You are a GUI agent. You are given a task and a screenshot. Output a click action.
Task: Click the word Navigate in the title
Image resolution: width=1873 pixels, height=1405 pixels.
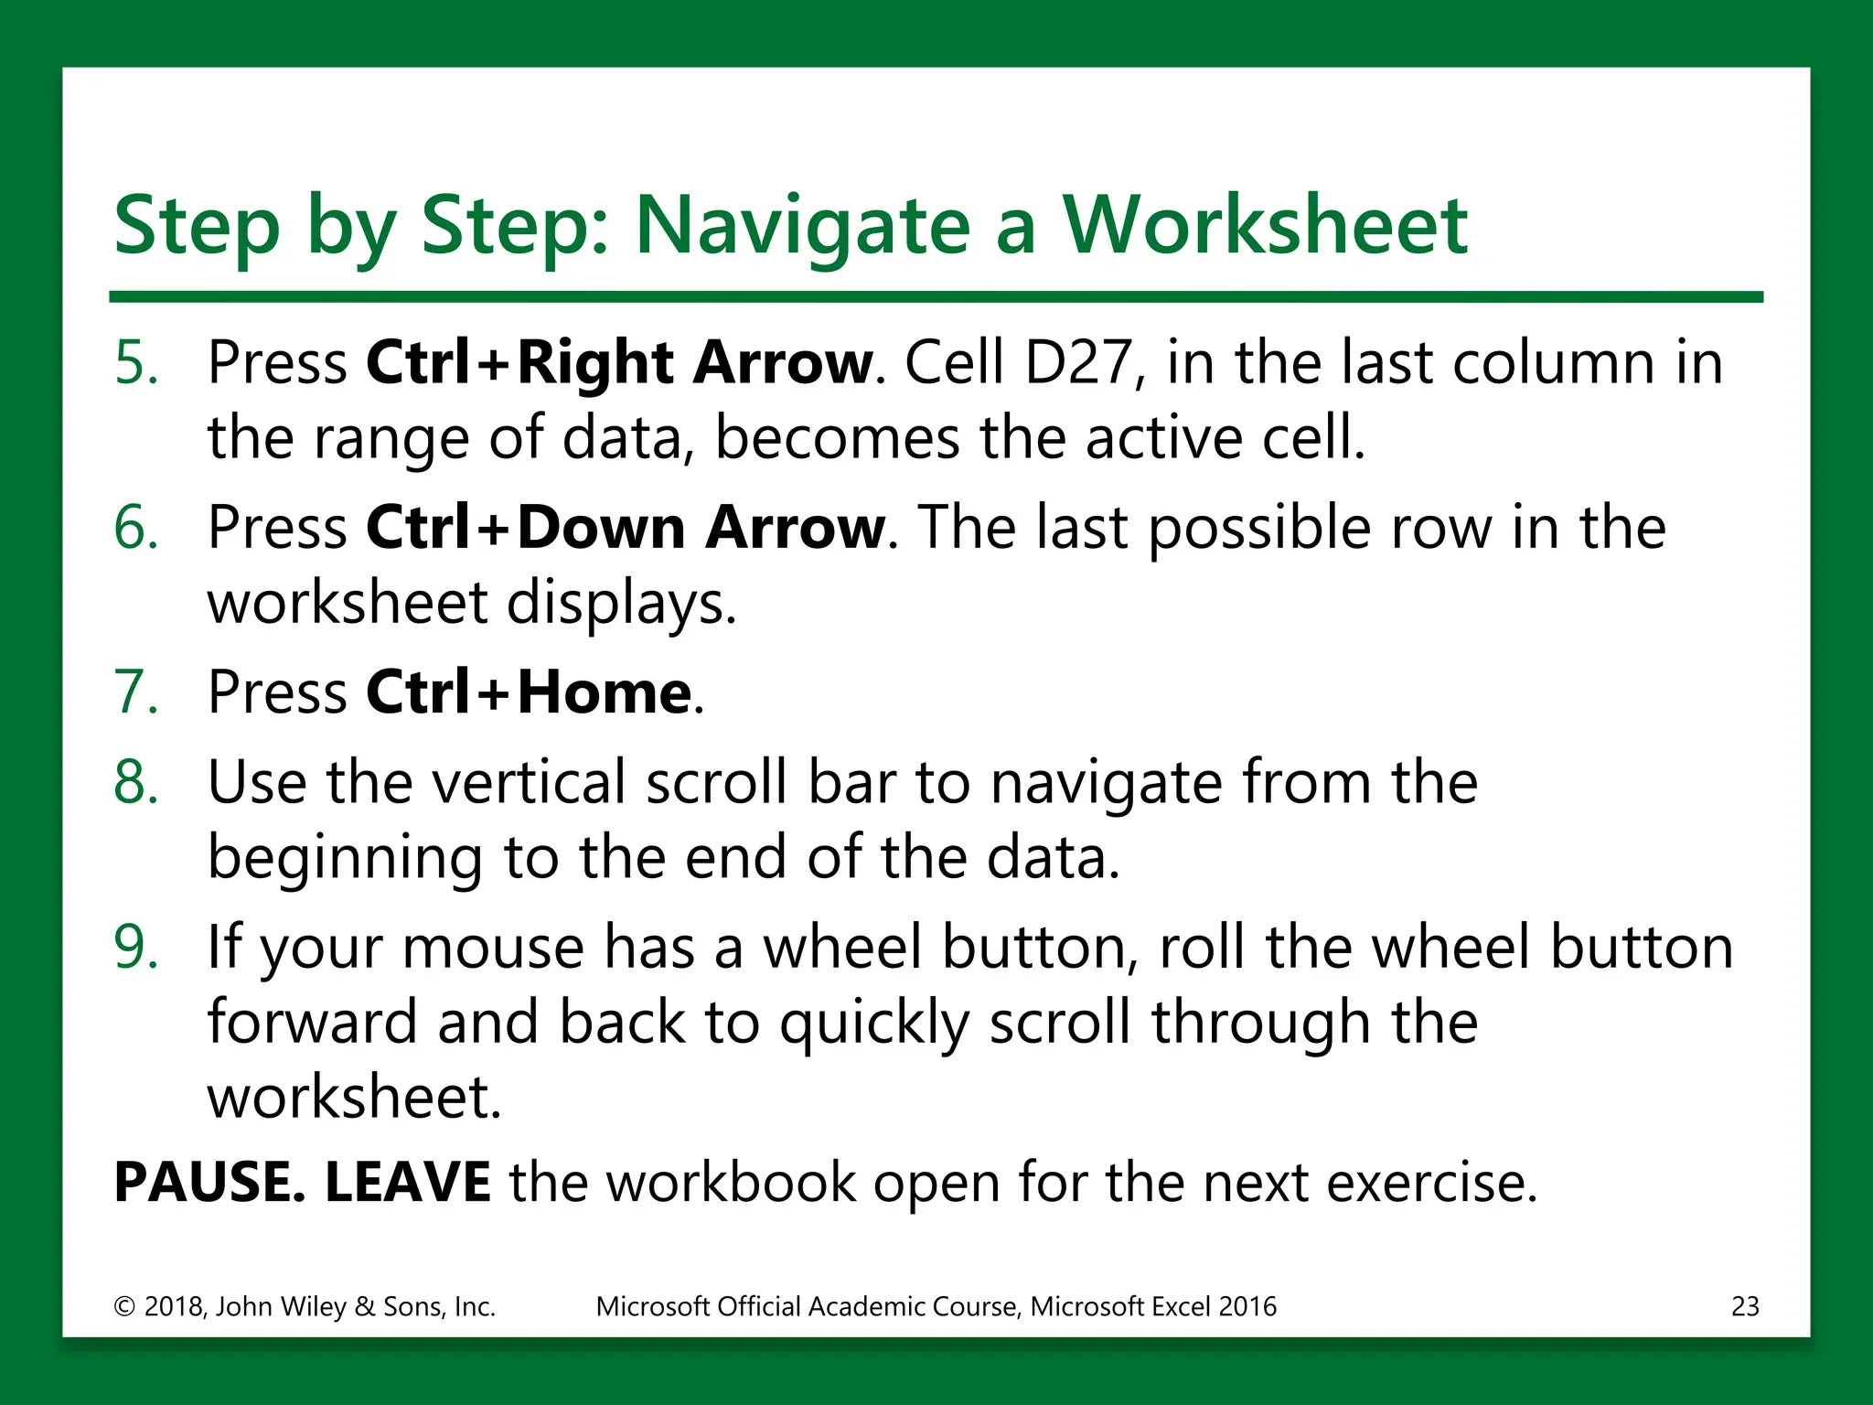click(x=801, y=227)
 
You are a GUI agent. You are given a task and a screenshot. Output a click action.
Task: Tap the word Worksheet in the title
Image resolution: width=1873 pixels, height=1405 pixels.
click(x=1264, y=225)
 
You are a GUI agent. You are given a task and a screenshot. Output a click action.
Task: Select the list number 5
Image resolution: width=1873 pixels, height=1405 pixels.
click(x=135, y=362)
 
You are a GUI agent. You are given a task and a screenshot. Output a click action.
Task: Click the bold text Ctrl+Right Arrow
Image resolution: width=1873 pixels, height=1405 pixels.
click(x=620, y=362)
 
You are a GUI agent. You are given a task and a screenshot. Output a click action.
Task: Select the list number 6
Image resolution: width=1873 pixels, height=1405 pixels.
click(x=135, y=528)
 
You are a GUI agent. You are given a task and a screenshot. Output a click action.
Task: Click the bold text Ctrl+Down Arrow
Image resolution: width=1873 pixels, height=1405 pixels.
click(x=626, y=528)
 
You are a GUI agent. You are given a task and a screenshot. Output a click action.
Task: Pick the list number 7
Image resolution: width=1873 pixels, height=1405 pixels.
click(x=135, y=692)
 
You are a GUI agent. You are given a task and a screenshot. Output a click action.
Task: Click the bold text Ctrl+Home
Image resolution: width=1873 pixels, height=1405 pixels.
click(x=529, y=692)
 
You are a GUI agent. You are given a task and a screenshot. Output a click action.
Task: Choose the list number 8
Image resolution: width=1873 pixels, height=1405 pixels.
click(x=135, y=783)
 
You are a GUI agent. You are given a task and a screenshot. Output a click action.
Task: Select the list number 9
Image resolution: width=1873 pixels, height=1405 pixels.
click(x=135, y=947)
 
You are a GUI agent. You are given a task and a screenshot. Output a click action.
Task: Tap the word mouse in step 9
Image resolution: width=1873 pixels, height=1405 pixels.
click(x=492, y=949)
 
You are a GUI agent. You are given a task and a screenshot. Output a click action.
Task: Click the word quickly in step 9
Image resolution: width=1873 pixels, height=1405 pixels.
click(x=872, y=1024)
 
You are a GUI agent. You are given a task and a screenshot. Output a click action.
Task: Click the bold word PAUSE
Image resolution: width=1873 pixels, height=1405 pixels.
click(x=209, y=1182)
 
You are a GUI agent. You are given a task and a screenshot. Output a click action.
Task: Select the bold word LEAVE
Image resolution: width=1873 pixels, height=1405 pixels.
click(x=407, y=1182)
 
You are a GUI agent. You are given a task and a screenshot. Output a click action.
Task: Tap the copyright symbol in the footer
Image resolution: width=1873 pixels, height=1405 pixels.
click(x=124, y=1307)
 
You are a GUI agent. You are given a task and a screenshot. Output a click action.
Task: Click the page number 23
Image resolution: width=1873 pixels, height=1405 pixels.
click(x=1745, y=1306)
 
